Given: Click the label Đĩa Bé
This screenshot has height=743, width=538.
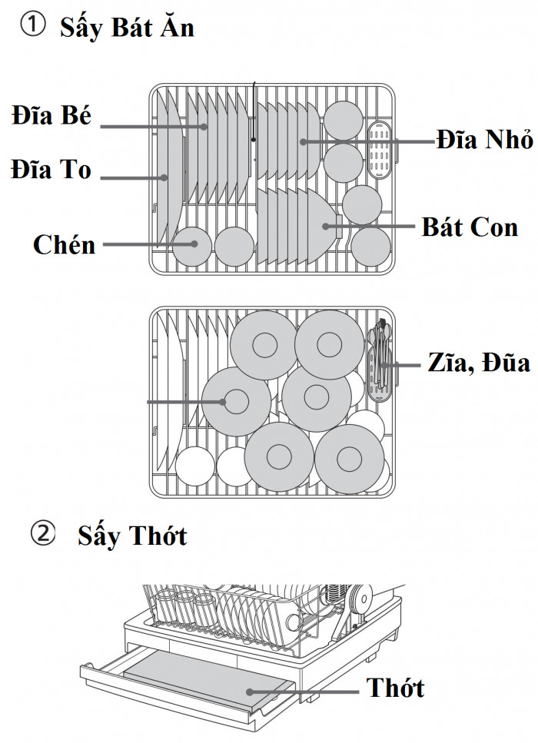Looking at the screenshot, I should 51,117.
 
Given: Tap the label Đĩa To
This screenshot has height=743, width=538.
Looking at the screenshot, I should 51,169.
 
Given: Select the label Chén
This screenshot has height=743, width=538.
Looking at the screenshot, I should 65,244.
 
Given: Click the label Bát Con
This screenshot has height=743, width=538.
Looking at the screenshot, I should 470,227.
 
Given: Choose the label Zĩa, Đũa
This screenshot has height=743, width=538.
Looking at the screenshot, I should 478,363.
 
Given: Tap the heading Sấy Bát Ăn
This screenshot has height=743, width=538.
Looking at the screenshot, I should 128,28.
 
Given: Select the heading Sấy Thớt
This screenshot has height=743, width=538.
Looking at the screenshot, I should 132,536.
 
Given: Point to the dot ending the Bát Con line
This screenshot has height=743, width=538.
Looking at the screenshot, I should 326,226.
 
